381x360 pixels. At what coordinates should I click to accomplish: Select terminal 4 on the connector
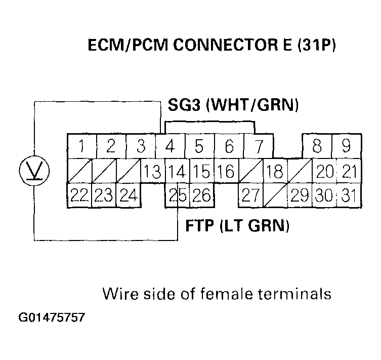pos(170,147)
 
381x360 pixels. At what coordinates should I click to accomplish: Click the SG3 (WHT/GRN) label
pos(233,105)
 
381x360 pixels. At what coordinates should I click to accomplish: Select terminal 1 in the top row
pos(81,147)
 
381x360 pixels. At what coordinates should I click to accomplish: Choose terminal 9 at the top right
pos(346,147)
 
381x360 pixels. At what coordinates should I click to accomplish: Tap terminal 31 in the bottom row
pos(346,195)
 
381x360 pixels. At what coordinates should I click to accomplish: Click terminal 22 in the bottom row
pos(80,195)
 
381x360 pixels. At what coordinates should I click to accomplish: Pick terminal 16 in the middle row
pos(229,172)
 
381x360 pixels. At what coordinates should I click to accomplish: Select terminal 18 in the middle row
pos(274,172)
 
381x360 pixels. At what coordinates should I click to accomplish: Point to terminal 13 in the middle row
pos(152,172)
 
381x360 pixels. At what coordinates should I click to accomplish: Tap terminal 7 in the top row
pos(259,147)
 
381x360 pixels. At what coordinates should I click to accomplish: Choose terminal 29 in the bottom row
pos(300,195)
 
